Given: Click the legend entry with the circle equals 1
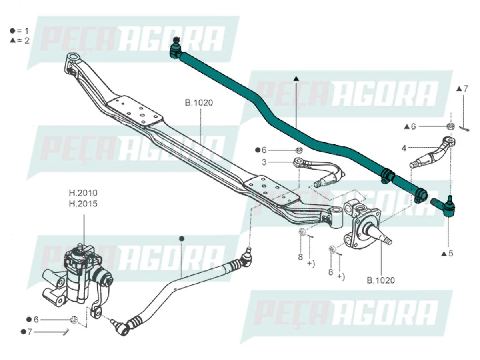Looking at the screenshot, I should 20,30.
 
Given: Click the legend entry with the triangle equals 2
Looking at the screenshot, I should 20,40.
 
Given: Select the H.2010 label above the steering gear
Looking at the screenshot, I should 83,193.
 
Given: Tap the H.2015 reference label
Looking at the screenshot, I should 83,204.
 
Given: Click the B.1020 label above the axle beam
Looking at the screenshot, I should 199,103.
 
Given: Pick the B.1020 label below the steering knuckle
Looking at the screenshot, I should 381,280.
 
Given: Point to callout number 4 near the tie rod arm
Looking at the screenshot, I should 404,148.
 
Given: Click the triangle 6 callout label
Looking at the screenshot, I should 410,126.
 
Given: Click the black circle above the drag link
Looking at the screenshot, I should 182,239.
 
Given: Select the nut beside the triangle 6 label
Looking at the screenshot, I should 450,126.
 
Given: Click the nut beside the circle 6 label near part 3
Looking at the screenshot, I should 298,150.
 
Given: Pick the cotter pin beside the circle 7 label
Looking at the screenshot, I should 66,332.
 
